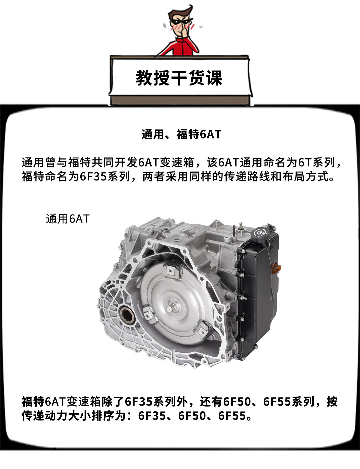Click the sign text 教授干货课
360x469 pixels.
[x=179, y=78]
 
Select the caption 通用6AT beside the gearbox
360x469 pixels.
[x=68, y=219]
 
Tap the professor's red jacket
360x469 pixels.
[x=179, y=46]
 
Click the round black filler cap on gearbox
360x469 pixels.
[x=260, y=234]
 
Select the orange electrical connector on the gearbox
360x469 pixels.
[x=276, y=269]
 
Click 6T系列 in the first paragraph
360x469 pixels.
[x=317, y=162]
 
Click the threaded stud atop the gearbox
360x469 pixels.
[x=233, y=231]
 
